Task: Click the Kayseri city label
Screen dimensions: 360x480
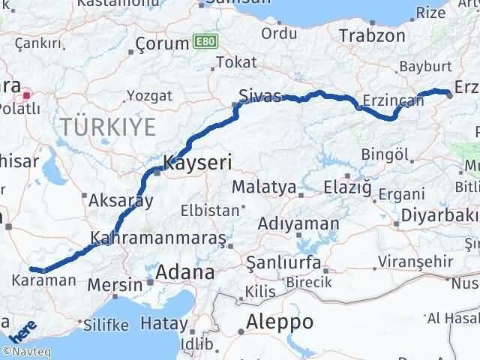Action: coord(198,161)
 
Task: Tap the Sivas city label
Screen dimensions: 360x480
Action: coord(259,96)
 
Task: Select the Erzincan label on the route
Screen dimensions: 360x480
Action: coord(385,100)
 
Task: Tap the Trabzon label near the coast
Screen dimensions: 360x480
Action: coord(367,35)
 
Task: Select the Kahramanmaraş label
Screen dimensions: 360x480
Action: coord(157,238)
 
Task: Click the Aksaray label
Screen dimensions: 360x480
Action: coord(121,201)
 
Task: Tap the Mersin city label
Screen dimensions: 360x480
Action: coord(115,284)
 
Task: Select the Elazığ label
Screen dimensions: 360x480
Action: coord(347,187)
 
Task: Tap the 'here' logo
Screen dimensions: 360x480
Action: coord(24,330)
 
